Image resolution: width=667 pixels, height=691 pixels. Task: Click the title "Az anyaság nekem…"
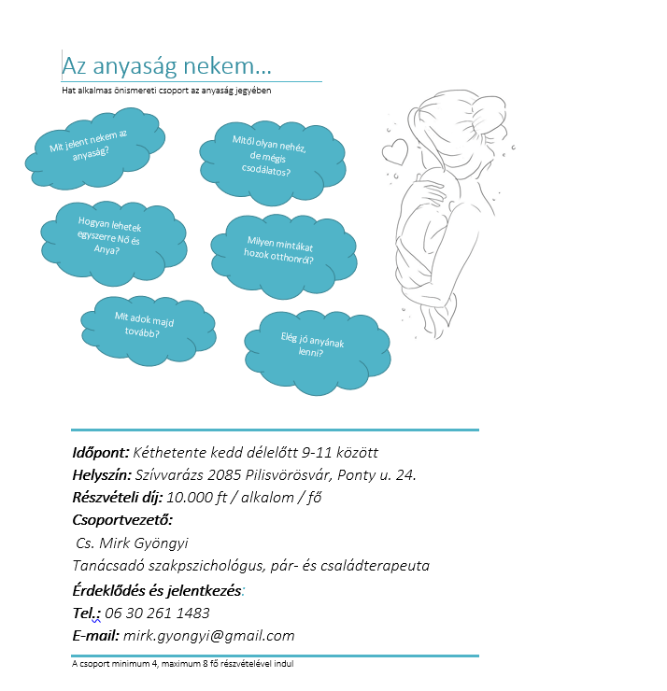(x=166, y=65)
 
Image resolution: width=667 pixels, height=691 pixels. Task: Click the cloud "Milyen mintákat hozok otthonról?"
(x=272, y=254)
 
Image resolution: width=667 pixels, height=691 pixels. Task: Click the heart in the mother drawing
(x=394, y=149)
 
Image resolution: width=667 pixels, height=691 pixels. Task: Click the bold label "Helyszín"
(x=101, y=475)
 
